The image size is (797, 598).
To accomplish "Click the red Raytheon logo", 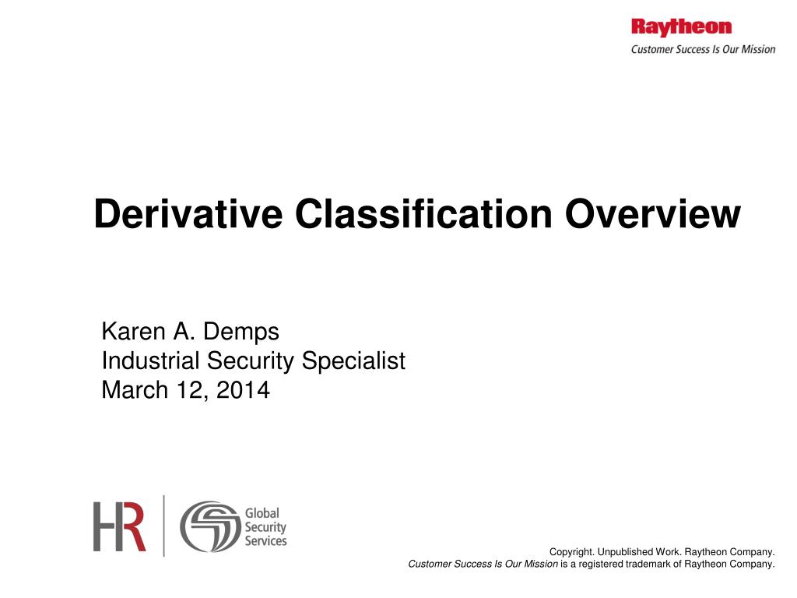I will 681,27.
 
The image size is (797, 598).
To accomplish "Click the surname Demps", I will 241,332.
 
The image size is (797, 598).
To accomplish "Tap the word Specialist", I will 353,361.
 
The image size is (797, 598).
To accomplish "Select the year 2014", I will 243,390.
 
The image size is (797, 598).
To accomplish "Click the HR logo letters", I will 120,526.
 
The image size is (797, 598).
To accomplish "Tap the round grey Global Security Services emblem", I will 210,526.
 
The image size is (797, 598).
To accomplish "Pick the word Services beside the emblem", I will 265,540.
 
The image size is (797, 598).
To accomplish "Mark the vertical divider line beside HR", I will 163,526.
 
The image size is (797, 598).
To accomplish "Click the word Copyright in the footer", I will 572,552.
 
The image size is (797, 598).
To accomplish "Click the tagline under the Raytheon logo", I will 702,49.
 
